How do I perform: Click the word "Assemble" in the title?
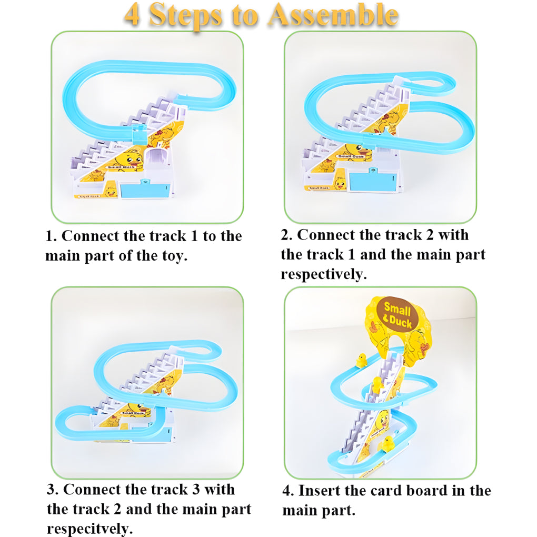[x=332, y=16]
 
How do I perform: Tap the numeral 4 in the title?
[x=132, y=16]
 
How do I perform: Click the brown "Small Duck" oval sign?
[x=397, y=315]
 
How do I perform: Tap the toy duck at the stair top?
[x=361, y=360]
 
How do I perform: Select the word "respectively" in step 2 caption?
[x=323, y=274]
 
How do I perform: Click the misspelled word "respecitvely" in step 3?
[x=89, y=528]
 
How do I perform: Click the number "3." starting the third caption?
[x=53, y=490]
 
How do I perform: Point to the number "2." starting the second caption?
[x=286, y=235]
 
